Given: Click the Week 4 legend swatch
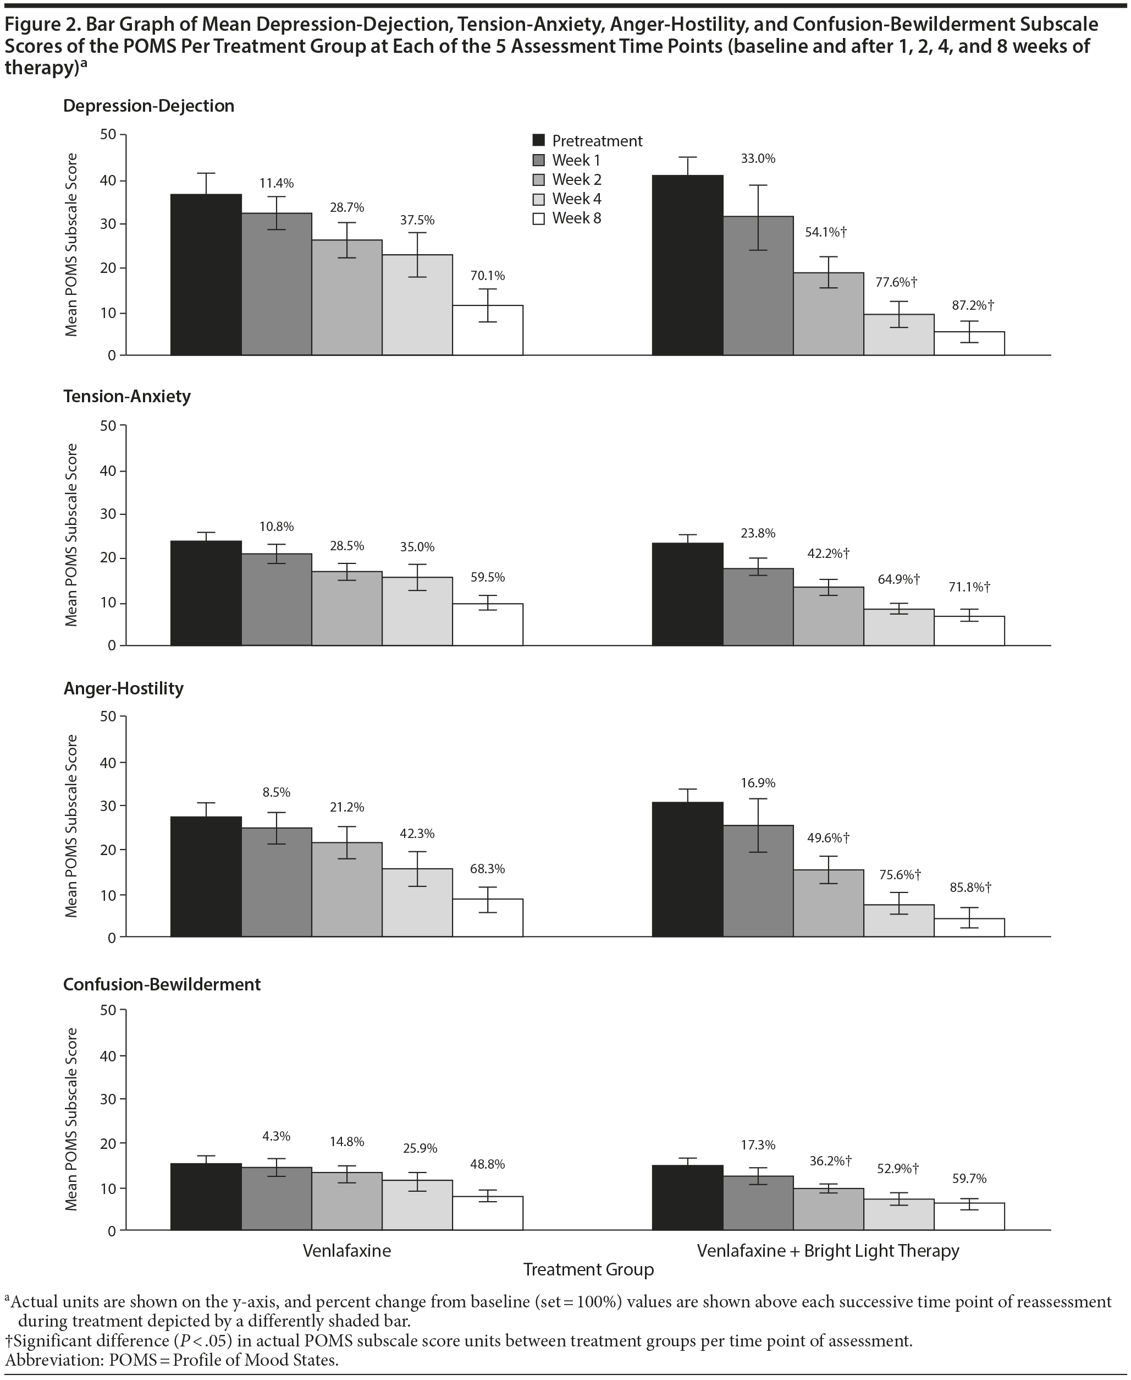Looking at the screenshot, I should [x=539, y=200].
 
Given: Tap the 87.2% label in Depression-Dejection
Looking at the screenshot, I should [x=972, y=305].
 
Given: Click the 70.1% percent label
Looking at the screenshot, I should [x=487, y=276].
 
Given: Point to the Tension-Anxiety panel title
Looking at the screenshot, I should [x=127, y=396].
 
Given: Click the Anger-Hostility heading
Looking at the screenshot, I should [x=123, y=688].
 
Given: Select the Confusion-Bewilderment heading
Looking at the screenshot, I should [x=162, y=984].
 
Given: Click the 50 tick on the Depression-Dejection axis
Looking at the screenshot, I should [x=108, y=135].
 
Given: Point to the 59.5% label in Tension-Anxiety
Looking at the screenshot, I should [x=487, y=578].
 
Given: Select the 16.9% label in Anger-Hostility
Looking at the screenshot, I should [x=758, y=784].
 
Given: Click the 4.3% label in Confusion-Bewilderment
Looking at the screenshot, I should [x=276, y=1136].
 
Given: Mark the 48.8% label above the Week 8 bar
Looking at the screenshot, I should [x=487, y=1164].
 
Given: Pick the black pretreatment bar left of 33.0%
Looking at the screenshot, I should [x=687, y=265].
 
